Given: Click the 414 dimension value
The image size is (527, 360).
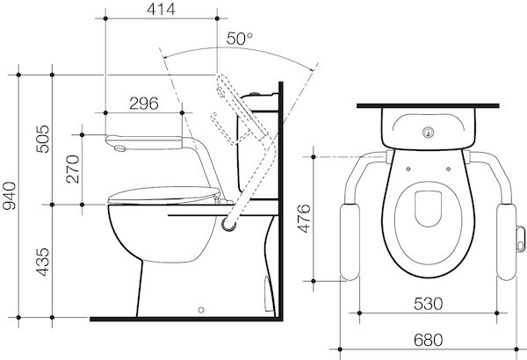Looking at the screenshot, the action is [161, 9].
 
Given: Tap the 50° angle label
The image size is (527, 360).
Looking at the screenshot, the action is [239, 39].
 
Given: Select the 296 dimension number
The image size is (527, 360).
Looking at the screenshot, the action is [144, 104].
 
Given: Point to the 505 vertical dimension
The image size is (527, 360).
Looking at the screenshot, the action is [43, 139].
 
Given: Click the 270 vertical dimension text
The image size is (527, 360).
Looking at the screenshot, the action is [73, 169].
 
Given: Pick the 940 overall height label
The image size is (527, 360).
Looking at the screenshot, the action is [9, 196].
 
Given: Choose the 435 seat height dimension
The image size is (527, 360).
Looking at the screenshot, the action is [43, 263].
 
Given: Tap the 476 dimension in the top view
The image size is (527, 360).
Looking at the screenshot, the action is [305, 219].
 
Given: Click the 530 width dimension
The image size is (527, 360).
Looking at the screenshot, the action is [429, 304].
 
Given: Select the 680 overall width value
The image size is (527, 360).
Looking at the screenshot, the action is [429, 340].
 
